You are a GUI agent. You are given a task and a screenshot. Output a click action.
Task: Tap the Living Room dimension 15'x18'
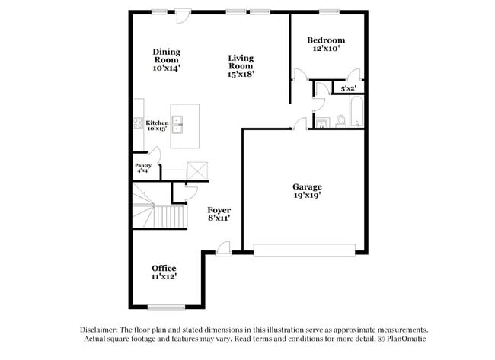[x=240, y=75]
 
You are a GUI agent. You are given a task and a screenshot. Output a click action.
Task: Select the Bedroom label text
[x=326, y=40]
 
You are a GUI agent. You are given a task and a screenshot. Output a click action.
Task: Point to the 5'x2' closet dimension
[x=349, y=89]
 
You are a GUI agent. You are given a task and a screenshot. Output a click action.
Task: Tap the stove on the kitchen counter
[x=138, y=124]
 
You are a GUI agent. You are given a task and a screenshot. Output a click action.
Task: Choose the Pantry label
[x=142, y=165]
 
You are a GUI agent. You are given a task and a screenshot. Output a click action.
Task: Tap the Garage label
[x=307, y=186]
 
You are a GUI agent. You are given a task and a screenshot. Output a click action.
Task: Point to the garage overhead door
[x=305, y=249]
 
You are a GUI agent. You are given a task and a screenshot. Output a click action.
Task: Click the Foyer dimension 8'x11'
[x=219, y=218]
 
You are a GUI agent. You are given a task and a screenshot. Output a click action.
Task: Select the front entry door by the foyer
[x=222, y=247]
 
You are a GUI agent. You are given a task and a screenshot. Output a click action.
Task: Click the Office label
[x=164, y=268]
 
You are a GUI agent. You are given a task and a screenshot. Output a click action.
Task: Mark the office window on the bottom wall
[x=165, y=307]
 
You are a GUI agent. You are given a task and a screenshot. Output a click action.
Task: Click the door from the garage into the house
[x=301, y=123]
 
